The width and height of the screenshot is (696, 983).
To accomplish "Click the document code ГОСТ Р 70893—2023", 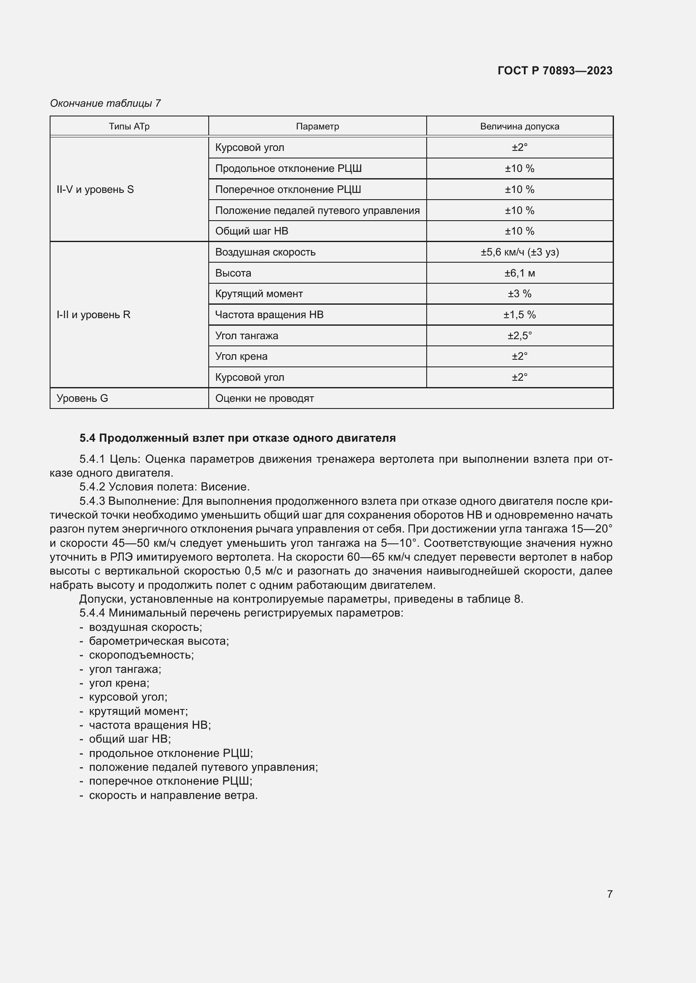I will coord(555,71).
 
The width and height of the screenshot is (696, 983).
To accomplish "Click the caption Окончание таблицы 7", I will coord(105,103).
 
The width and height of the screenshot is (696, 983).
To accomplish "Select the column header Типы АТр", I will coord(129,126).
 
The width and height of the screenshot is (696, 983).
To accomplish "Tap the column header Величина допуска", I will coord(519,126).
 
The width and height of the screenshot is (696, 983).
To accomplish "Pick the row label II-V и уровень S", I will coord(95,189).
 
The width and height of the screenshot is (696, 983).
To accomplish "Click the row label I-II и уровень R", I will coord(93,315).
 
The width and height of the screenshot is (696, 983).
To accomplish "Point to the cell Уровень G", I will coord(82,398).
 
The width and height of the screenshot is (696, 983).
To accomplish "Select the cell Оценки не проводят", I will coord(264,398).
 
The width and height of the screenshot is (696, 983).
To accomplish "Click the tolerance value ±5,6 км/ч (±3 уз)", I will coord(519,252).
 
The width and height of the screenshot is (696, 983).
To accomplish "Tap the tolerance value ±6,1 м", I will coord(519,273).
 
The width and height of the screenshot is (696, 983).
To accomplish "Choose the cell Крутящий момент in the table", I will coord(259,294).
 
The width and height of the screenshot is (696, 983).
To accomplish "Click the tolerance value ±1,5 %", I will coord(519,315).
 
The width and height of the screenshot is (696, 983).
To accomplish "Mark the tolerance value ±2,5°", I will coord(519,336).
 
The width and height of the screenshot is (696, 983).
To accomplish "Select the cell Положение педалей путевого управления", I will coord(317,210).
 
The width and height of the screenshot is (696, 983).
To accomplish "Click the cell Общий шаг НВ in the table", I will coord(252,231).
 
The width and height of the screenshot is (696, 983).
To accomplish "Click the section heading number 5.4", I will coord(88,438).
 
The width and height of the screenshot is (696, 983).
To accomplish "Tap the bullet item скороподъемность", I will coord(141,655).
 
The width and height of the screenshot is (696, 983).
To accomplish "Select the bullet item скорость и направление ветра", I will coord(173,796).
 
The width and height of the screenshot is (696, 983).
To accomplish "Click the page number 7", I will coord(609,894).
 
